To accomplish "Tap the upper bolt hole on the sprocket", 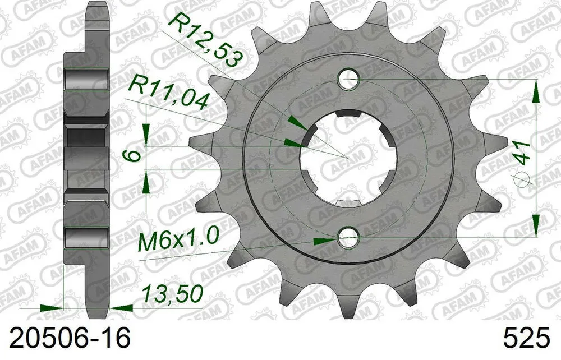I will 348,80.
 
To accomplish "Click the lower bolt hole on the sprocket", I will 348,239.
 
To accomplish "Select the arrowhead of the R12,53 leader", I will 295,122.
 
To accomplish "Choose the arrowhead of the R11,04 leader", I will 292,142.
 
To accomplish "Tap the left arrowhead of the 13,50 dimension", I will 53,308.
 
